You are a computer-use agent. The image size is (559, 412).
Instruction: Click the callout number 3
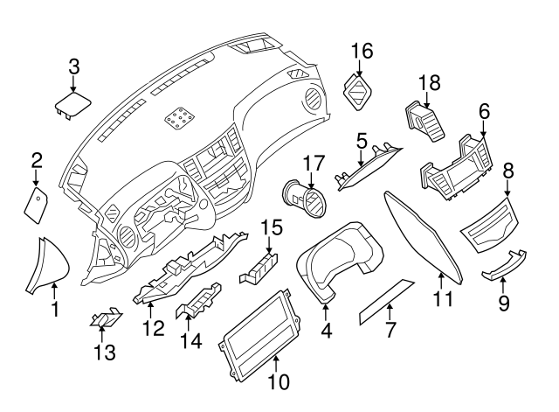point(74,66)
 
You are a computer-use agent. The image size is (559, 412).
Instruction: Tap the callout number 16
point(362,51)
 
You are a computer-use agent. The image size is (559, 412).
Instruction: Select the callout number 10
point(277,381)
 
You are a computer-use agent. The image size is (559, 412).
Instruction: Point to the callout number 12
point(154,328)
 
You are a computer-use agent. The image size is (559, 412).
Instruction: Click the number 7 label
point(390,331)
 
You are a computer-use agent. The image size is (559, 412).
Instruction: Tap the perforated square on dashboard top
point(182,115)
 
